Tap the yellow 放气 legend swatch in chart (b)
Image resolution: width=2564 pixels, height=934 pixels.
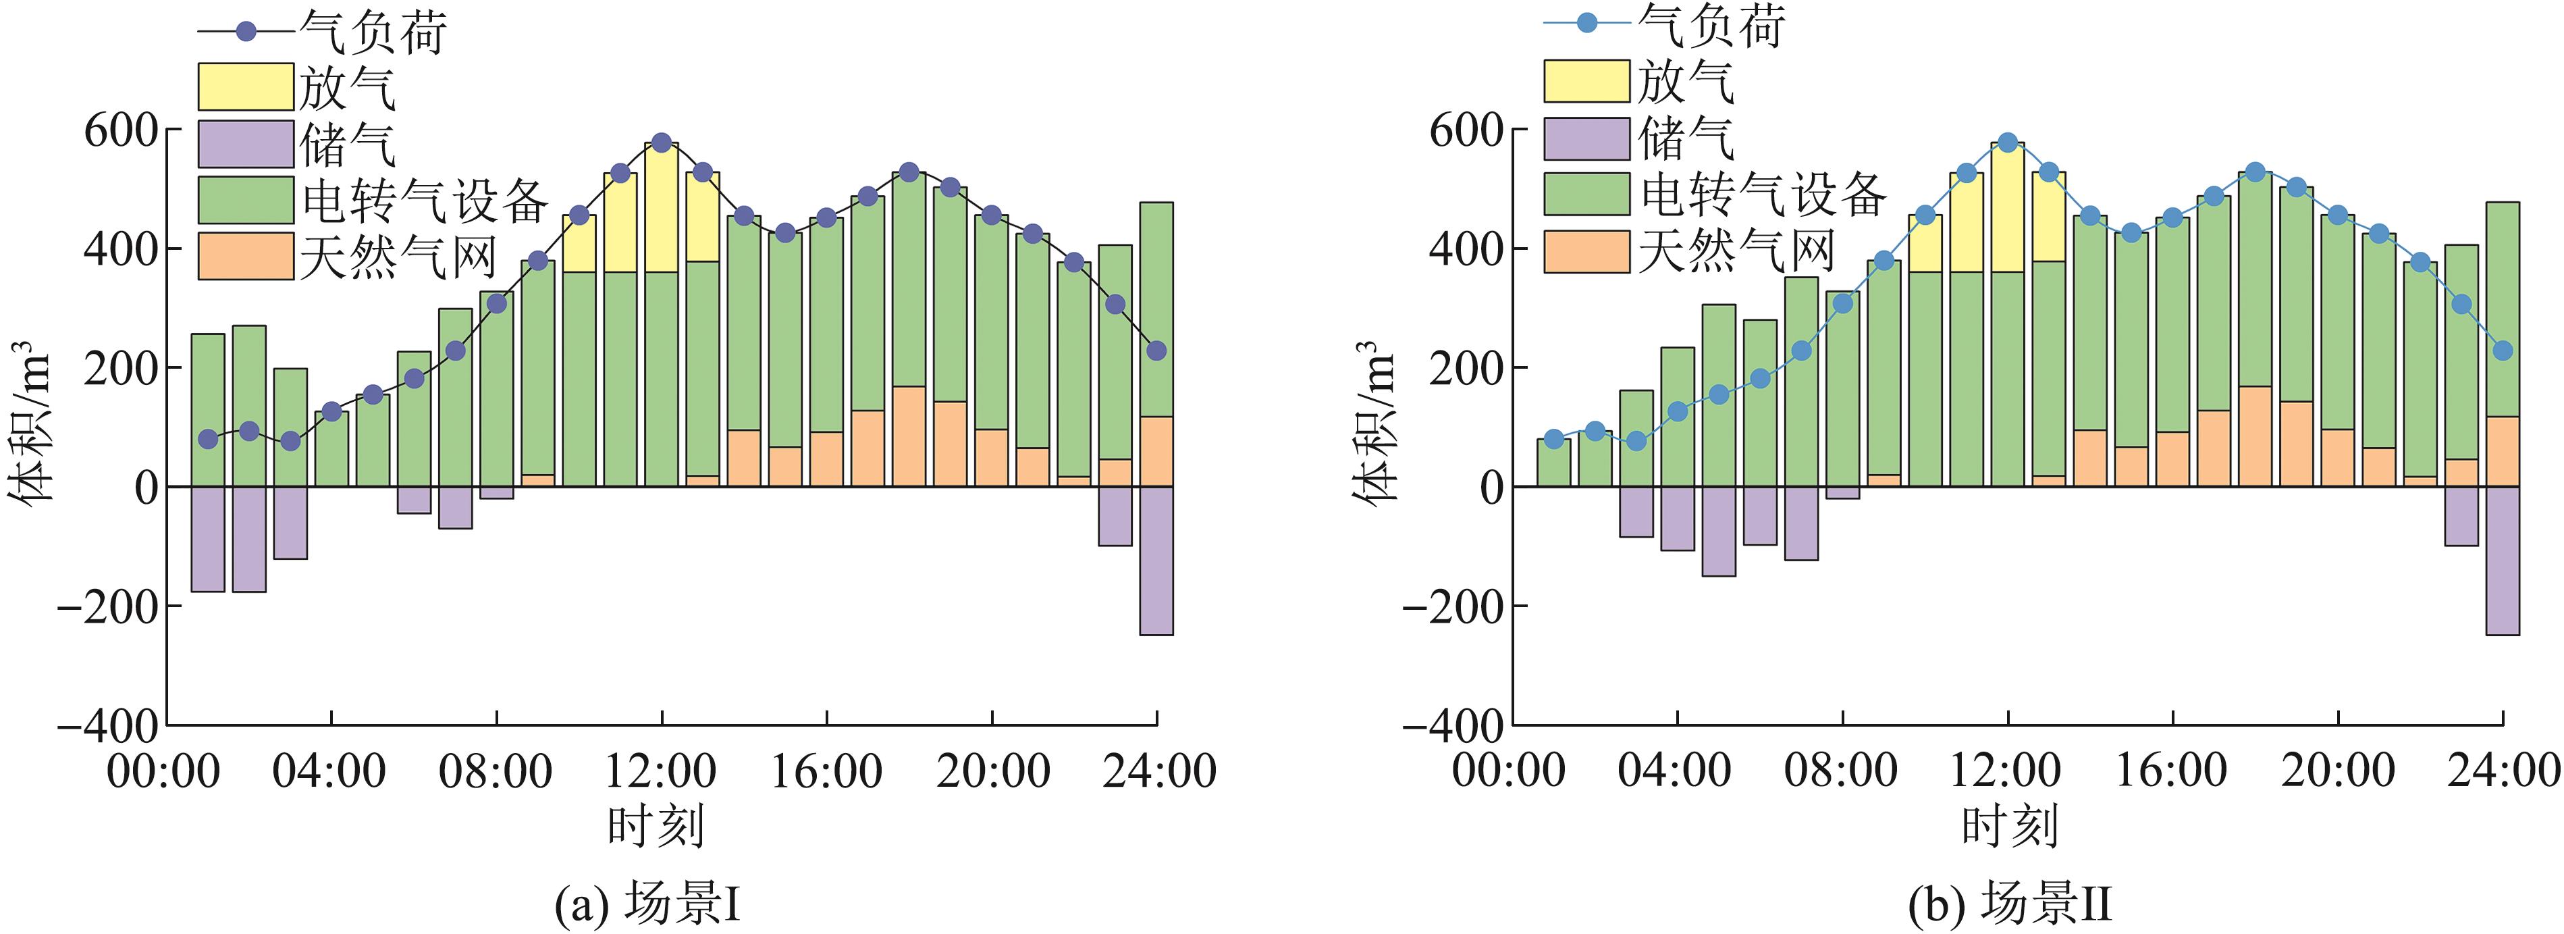tap(1586, 80)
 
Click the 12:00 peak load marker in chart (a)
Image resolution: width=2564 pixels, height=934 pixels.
tap(662, 142)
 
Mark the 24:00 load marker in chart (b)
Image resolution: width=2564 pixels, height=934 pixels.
tap(2503, 351)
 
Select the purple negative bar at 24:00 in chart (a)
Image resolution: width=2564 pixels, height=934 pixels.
tap(1156, 560)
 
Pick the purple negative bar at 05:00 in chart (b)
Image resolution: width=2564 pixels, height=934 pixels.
tap(1719, 531)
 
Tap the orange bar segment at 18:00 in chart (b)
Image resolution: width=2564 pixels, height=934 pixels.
tap(2255, 436)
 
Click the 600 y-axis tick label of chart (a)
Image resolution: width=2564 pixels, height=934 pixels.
tap(120, 130)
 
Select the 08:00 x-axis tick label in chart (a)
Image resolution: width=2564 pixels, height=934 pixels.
tap(496, 772)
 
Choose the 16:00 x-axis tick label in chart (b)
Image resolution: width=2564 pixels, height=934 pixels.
tap(2172, 772)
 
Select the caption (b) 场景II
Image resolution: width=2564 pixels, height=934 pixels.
tap(2008, 905)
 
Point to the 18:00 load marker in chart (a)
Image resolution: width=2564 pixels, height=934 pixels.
tap(909, 172)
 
